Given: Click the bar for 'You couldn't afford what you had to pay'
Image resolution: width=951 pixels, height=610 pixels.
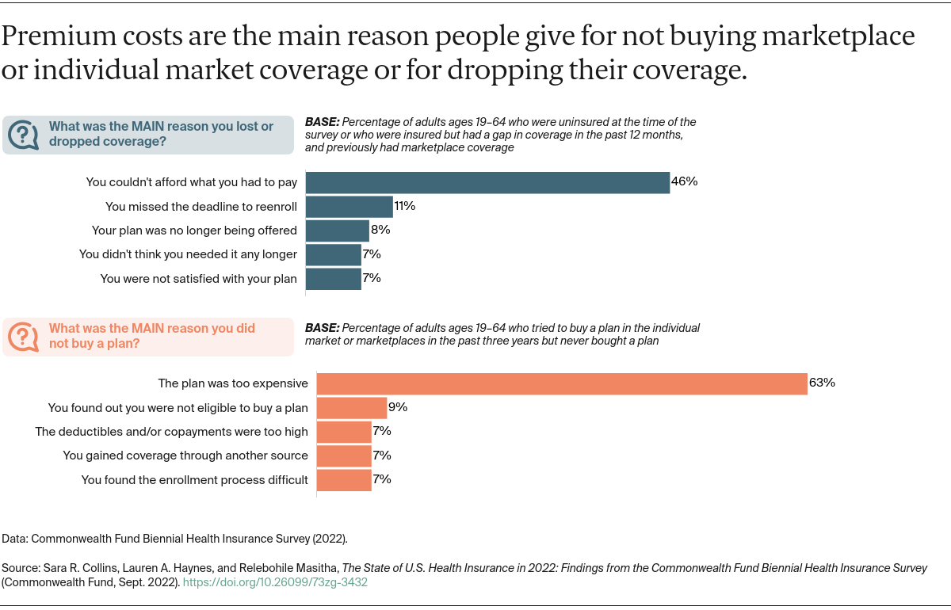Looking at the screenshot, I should click(487, 182).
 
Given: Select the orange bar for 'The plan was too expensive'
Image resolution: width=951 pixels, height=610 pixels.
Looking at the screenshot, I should click(562, 383).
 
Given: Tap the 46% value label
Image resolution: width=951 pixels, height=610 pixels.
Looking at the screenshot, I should click(684, 181).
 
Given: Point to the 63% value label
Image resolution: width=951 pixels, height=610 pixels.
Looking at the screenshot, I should click(822, 383).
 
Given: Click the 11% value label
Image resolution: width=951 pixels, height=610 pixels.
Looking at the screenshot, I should click(405, 206).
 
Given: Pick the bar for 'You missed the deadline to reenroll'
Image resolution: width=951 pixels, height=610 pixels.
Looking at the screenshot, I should click(349, 207).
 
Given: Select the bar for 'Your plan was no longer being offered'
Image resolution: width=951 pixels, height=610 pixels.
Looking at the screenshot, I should click(338, 231).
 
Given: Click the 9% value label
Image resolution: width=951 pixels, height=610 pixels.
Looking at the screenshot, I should click(398, 407).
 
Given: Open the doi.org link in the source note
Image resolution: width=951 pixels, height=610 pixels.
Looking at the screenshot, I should click(275, 582).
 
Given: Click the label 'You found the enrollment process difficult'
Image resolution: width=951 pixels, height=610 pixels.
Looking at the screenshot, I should click(195, 480).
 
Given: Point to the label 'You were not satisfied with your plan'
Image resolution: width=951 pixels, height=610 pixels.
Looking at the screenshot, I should click(198, 279).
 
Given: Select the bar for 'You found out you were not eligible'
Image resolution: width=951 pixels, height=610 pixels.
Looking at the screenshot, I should click(352, 408).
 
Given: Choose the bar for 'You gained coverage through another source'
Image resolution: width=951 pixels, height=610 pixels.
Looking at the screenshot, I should click(344, 456).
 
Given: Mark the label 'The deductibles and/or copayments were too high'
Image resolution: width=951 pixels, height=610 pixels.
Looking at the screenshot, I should click(171, 432).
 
